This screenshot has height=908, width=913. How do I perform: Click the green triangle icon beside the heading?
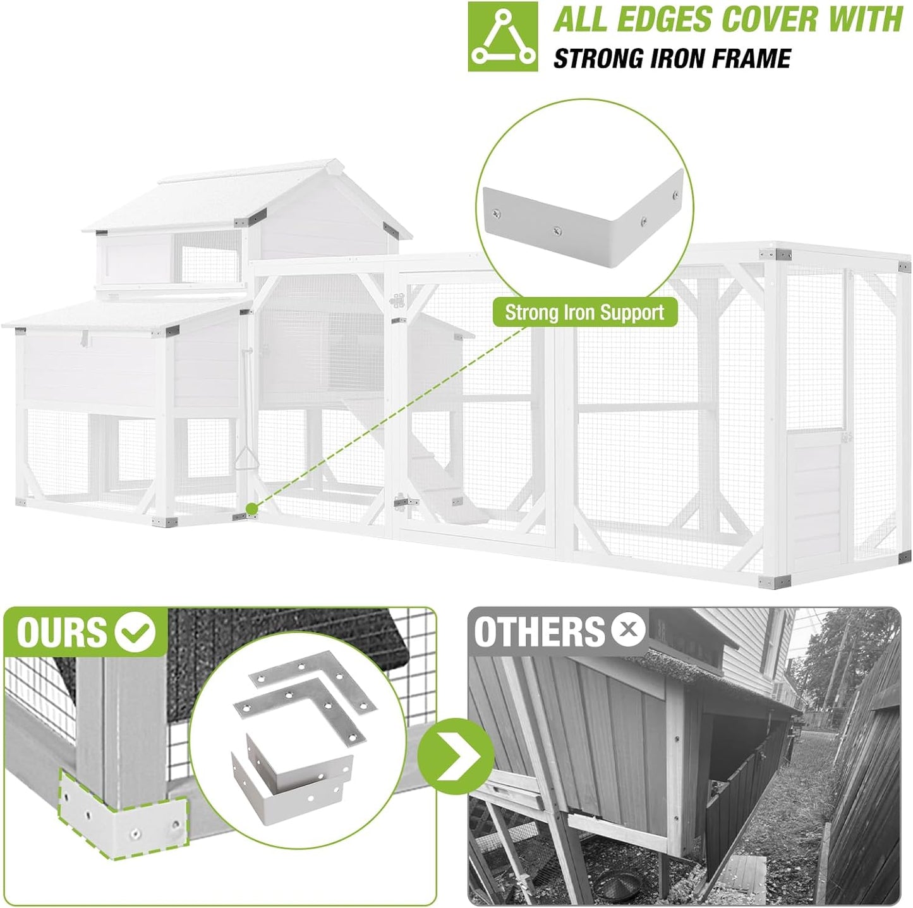click(x=503, y=37)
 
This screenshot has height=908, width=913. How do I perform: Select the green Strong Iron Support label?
click(x=584, y=313)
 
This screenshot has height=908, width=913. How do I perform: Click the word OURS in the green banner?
click(x=61, y=632)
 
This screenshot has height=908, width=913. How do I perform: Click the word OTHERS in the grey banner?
click(x=540, y=632)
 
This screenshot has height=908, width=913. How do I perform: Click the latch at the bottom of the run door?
click(x=405, y=503)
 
